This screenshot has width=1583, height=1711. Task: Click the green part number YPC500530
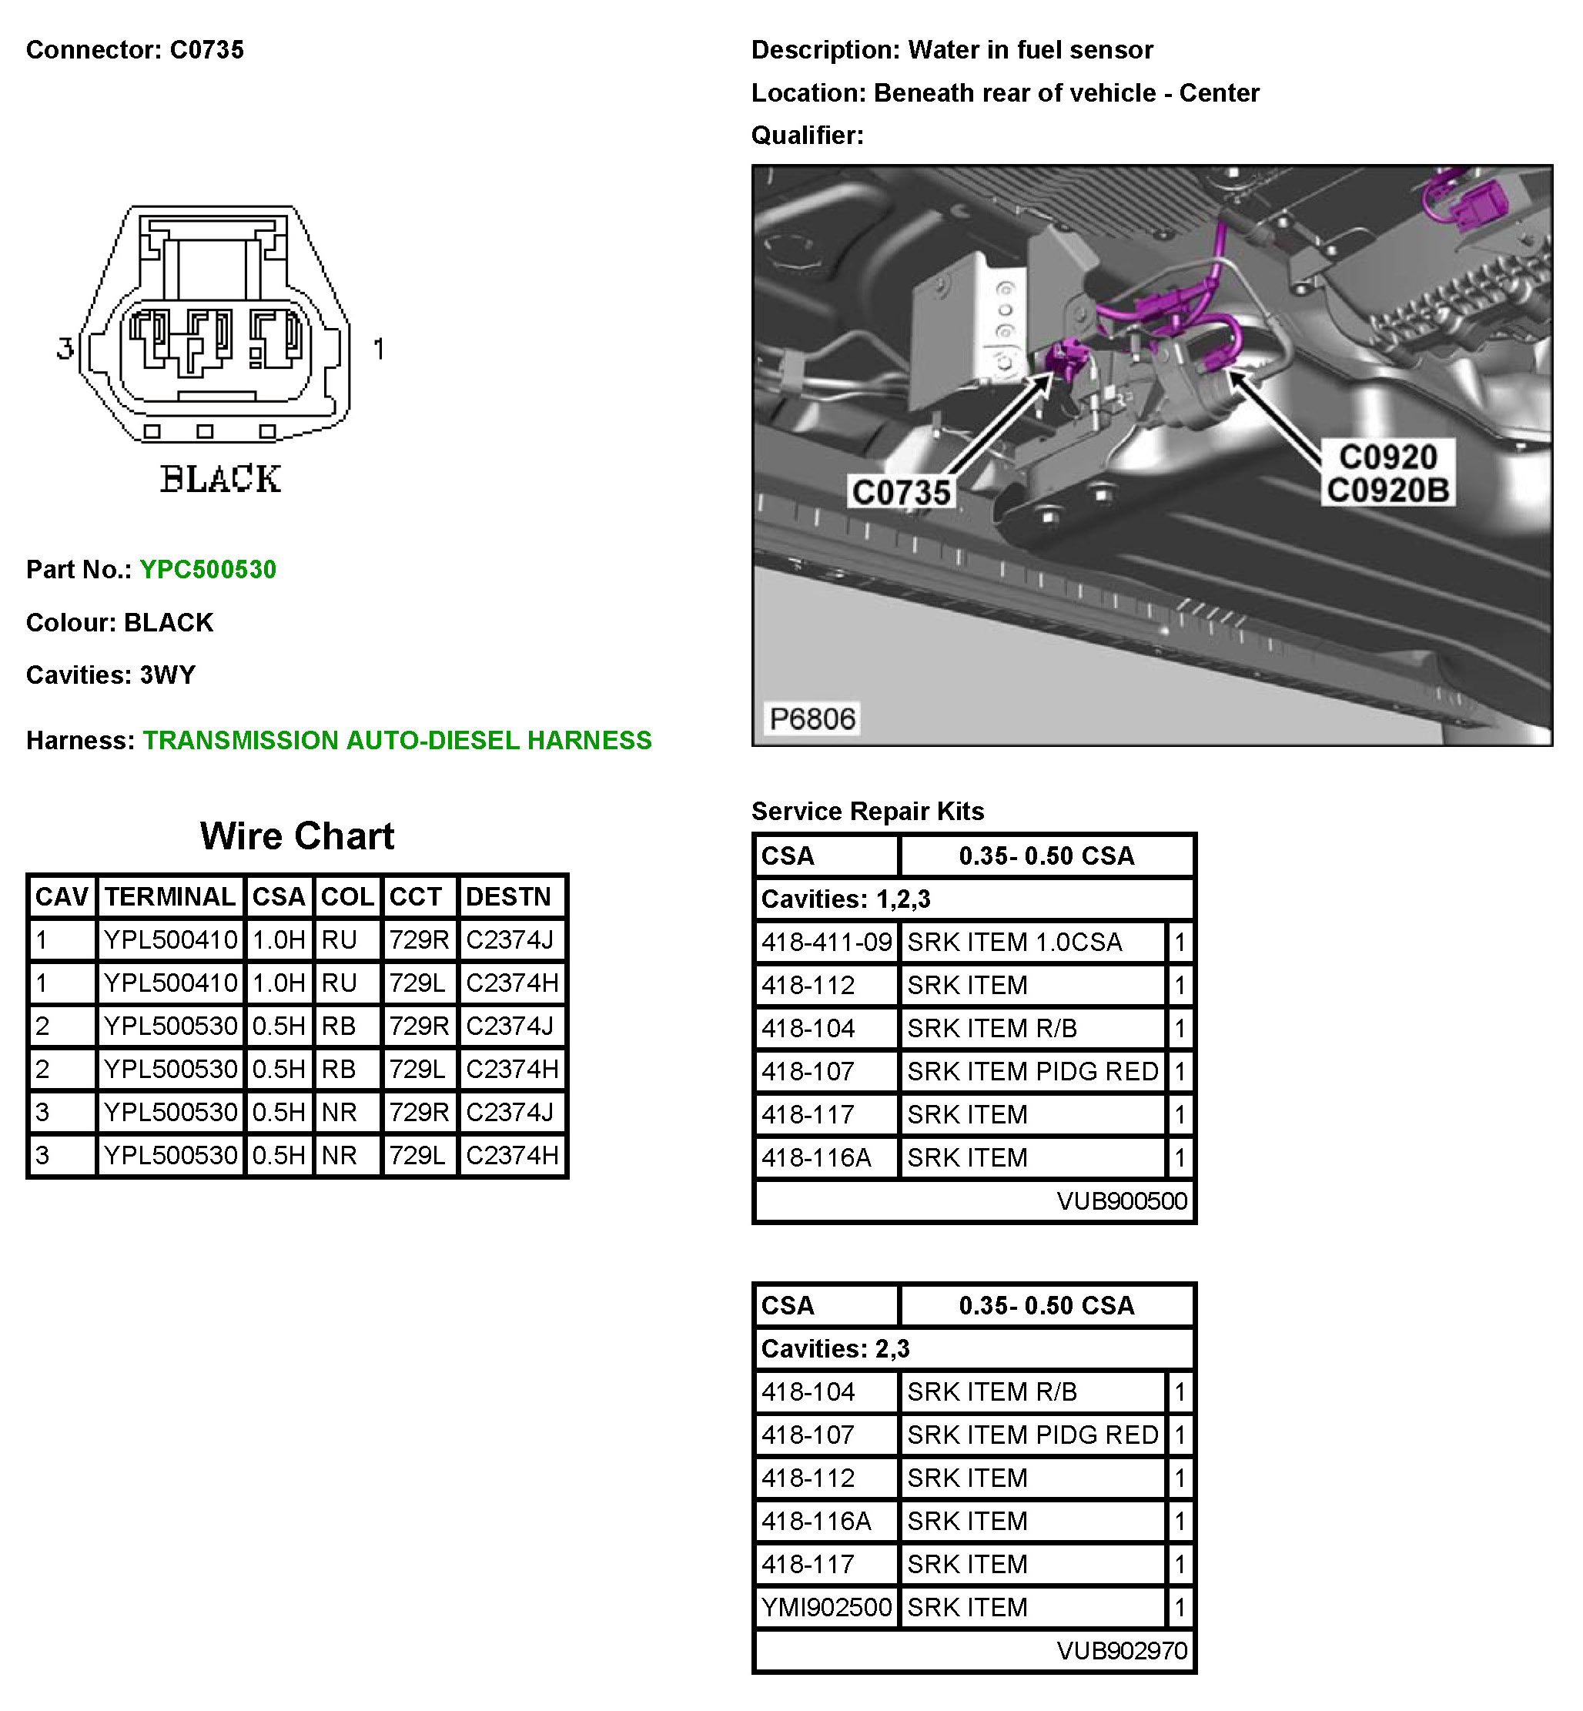(207, 570)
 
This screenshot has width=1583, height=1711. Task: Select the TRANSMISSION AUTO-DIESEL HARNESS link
(397, 740)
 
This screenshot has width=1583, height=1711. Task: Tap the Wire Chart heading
(296, 836)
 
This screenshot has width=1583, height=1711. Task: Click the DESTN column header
(508, 897)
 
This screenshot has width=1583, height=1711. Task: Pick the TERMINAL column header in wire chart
(169, 897)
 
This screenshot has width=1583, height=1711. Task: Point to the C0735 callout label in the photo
(900, 493)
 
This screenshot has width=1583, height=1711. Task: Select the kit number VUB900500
(1121, 1201)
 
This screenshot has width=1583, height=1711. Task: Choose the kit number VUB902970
(1121, 1651)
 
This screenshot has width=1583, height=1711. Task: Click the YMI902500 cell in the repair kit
(826, 1607)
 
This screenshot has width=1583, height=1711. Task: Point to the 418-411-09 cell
(826, 943)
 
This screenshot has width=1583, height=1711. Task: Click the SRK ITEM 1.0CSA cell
(1014, 943)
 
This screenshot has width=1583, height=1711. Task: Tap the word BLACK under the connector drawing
(220, 479)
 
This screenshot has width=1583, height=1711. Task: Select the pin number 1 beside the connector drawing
(379, 349)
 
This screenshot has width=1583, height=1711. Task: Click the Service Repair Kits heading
(867, 812)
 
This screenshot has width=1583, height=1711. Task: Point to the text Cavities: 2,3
(835, 1348)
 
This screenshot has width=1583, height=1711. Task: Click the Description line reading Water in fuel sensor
(952, 50)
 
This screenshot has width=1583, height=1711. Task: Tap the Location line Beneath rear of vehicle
(1005, 92)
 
